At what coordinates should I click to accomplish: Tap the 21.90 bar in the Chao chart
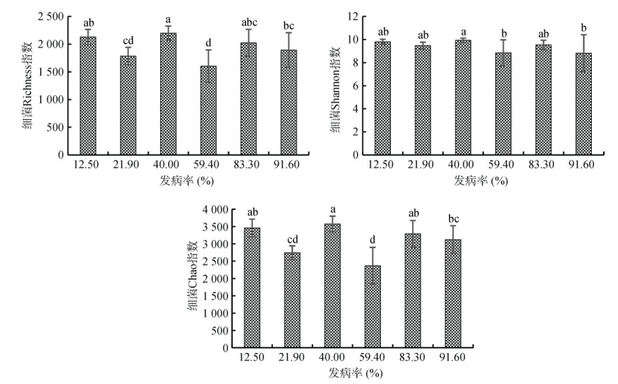(292, 300)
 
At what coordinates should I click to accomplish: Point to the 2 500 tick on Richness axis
(50, 16)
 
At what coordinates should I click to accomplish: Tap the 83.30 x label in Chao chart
(411, 358)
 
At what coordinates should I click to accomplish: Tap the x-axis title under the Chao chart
(351, 371)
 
